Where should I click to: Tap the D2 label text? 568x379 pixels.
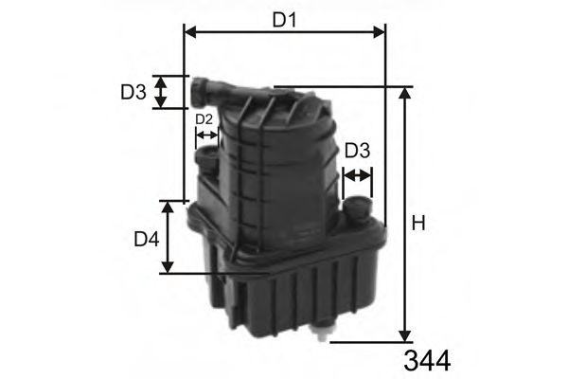pyautogui.click(x=204, y=119)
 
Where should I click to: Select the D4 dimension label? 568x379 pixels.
pyautogui.click(x=145, y=240)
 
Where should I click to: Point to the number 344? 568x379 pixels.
pyautogui.click(x=426, y=360)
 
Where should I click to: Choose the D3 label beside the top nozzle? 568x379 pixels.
pyautogui.click(x=133, y=92)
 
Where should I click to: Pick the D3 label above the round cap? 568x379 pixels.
pyautogui.click(x=357, y=151)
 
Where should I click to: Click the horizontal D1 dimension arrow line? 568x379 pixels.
pyautogui.click(x=284, y=32)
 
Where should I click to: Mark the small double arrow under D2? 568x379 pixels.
pyautogui.click(x=206, y=135)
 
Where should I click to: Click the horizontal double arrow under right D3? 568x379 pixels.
pyautogui.click(x=358, y=175)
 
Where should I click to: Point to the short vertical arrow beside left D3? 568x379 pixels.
pyautogui.click(x=161, y=92)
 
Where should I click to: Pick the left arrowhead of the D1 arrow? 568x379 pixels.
pyautogui.click(x=187, y=32)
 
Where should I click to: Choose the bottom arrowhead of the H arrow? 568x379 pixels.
pyautogui.click(x=405, y=335)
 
